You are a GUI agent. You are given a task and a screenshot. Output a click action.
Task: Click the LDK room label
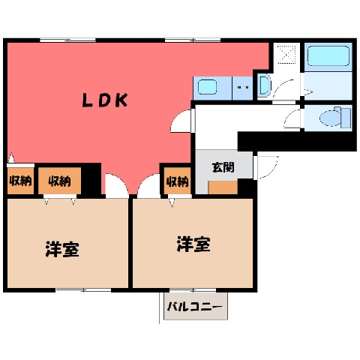pyautogui.click(x=105, y=100)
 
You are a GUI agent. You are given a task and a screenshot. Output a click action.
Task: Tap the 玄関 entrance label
pyautogui.click(x=223, y=167)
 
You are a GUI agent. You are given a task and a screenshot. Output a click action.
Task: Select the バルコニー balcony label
pyautogui.click(x=195, y=307)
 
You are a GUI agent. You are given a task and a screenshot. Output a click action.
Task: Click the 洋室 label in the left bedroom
pyautogui.click(x=62, y=249)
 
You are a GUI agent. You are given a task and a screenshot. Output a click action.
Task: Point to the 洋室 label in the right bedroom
pyautogui.click(x=193, y=244)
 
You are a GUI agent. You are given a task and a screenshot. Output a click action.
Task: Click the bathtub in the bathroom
pyautogui.click(x=328, y=55)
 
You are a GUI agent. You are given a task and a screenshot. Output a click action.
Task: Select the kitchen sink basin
pyautogui.click(x=207, y=87)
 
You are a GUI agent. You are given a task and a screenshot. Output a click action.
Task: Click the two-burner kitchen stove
pyautogui.click(x=242, y=88)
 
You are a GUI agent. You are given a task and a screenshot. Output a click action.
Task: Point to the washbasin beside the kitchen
pyautogui.click(x=264, y=86)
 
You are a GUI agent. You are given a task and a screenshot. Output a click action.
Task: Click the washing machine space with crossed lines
pyautogui.click(x=286, y=55)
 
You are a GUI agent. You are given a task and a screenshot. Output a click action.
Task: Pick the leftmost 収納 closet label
pyautogui.click(x=21, y=181)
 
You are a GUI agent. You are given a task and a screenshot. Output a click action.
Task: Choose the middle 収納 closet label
pyautogui.click(x=59, y=181)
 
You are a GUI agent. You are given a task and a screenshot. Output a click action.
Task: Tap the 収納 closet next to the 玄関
pyautogui.click(x=178, y=181)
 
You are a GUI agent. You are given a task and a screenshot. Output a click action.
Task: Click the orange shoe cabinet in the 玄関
pyautogui.click(x=223, y=187)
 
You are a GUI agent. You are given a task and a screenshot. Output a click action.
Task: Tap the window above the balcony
pyautogui.click(x=193, y=290)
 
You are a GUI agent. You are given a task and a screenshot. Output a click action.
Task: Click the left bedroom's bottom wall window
pyautogui.click(x=83, y=290)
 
